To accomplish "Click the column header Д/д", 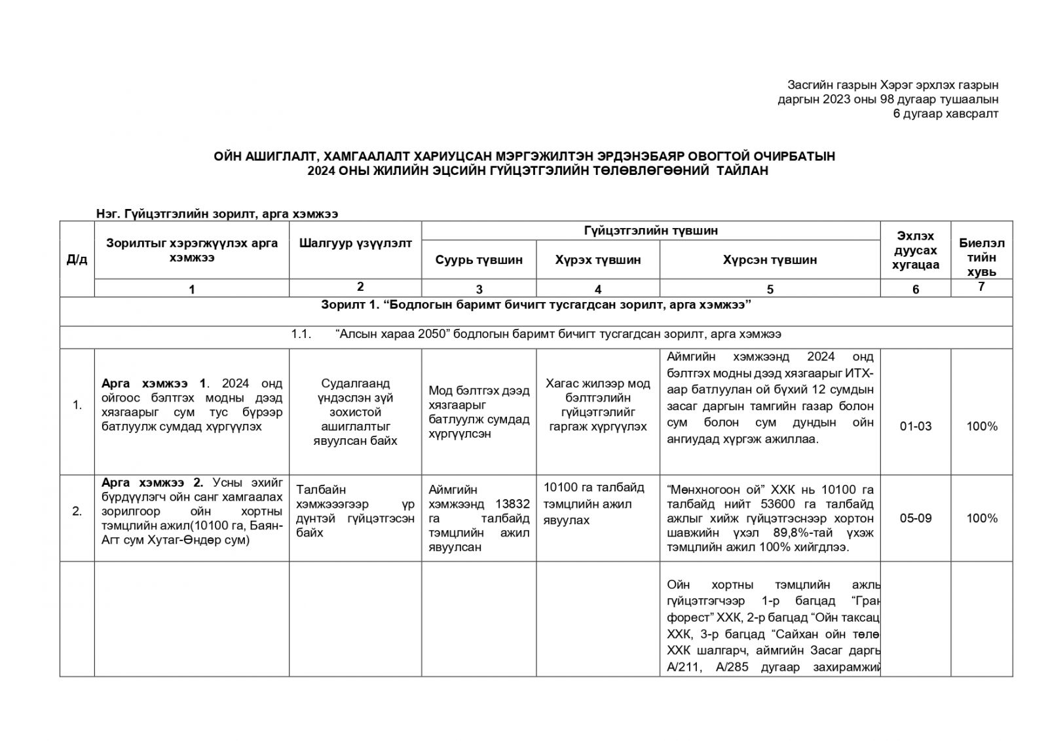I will [77, 259].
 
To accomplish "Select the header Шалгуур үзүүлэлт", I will [355, 244].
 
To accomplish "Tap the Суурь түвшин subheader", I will [479, 260].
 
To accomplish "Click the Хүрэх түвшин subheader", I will [597, 260].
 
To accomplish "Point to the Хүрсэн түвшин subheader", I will [770, 260].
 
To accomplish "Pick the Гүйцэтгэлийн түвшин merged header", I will [650, 231].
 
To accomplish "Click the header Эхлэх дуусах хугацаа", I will [915, 250].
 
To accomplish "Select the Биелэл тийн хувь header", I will [981, 257].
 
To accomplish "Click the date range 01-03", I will [915, 427].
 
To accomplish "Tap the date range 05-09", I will [915, 518].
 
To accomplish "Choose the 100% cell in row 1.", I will [981, 427].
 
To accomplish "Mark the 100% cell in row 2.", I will [981, 518].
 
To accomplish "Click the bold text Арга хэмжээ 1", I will [153, 383].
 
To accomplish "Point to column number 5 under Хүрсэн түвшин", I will [770, 289].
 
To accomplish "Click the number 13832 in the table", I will [513, 504].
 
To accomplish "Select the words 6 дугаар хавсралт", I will [946, 114].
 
